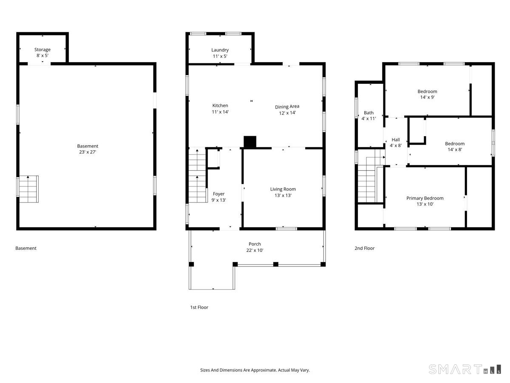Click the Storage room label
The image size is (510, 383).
[42, 49]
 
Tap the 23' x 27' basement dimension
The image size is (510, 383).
[88, 152]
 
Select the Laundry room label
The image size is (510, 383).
[220, 50]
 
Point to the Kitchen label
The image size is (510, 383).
[220, 106]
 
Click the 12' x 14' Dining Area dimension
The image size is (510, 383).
[287, 113]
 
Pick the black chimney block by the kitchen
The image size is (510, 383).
[250, 142]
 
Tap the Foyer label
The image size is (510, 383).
[218, 194]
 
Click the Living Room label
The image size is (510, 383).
[283, 189]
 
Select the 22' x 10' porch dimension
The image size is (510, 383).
[255, 250]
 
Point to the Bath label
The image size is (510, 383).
[368, 113]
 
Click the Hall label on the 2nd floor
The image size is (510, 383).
[396, 140]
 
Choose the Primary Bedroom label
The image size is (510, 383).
[425, 198]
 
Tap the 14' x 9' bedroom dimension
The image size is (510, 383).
[427, 97]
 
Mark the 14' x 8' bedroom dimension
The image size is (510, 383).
[455, 149]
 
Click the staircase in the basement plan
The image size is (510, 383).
[28, 189]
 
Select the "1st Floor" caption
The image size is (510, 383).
[199, 307]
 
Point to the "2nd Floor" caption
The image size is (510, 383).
[364, 248]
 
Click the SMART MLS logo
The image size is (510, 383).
[465, 369]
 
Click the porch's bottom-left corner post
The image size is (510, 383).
[191, 264]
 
